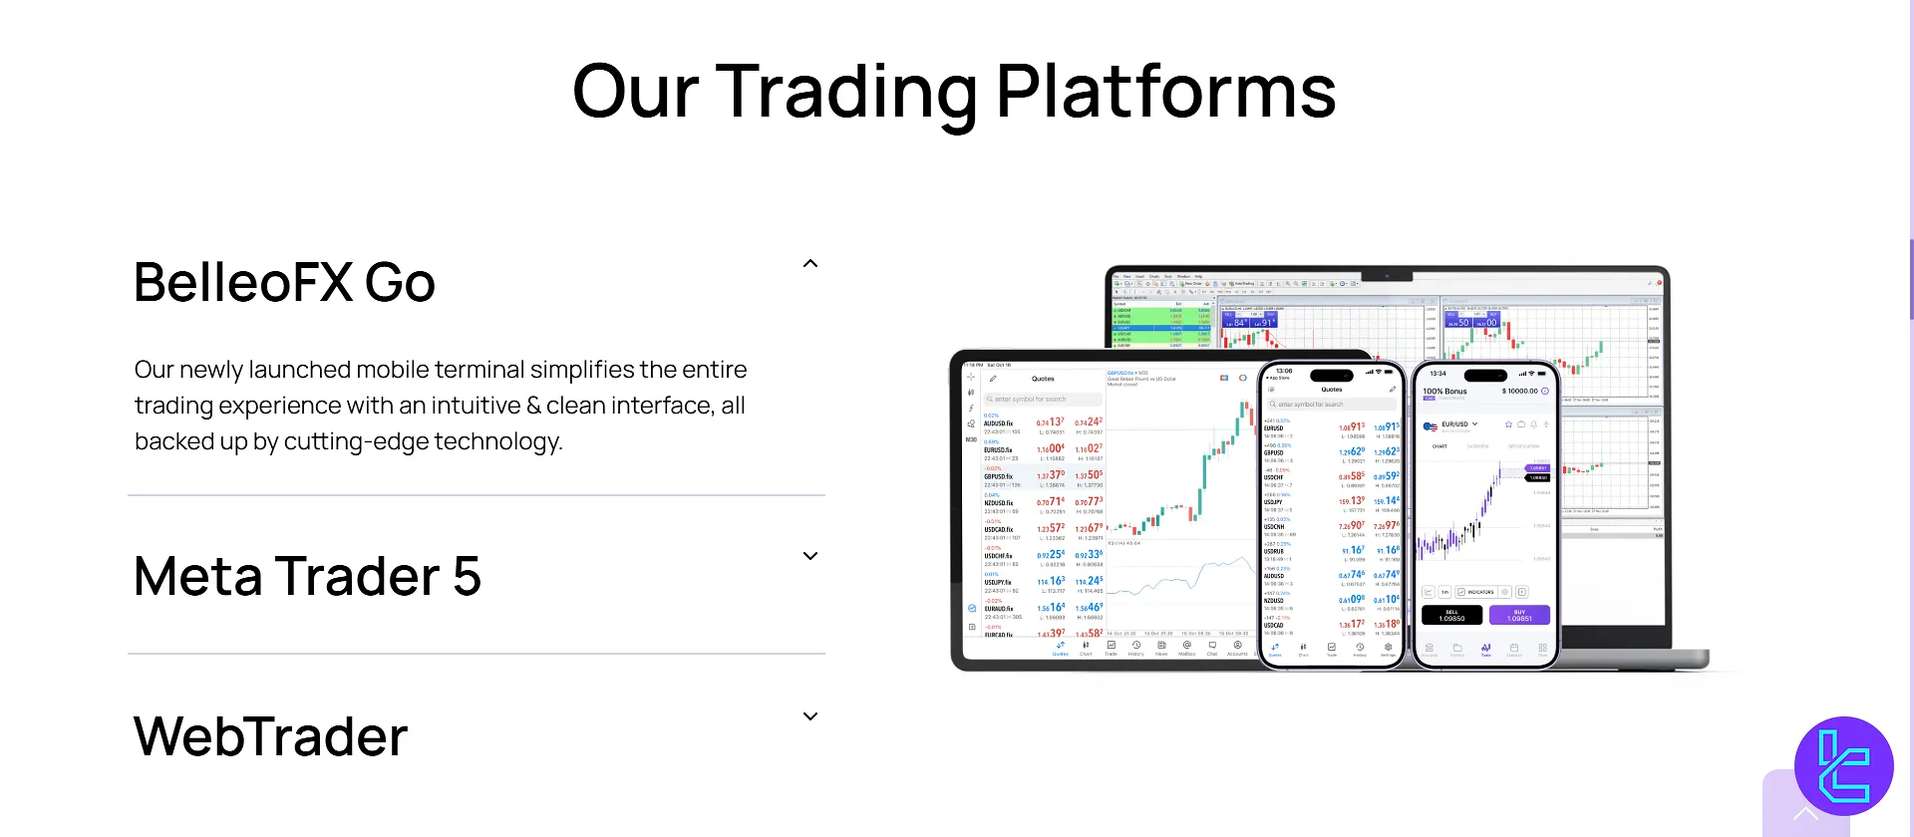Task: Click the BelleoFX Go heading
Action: (284, 282)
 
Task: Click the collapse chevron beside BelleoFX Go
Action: (810, 264)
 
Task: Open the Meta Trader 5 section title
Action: (307, 576)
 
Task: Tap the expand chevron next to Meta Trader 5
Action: (810, 556)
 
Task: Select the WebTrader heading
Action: (270, 736)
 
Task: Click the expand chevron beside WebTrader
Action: (810, 716)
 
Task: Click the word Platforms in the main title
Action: (1165, 92)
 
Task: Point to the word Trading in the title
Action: (846, 92)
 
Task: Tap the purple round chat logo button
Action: (1843, 766)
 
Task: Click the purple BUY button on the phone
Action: (1519, 615)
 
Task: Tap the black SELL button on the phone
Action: (1451, 615)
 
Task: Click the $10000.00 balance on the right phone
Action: (1521, 392)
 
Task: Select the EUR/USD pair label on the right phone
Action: (1454, 424)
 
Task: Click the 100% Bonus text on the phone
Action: (1444, 392)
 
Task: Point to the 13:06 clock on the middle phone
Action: (1284, 371)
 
